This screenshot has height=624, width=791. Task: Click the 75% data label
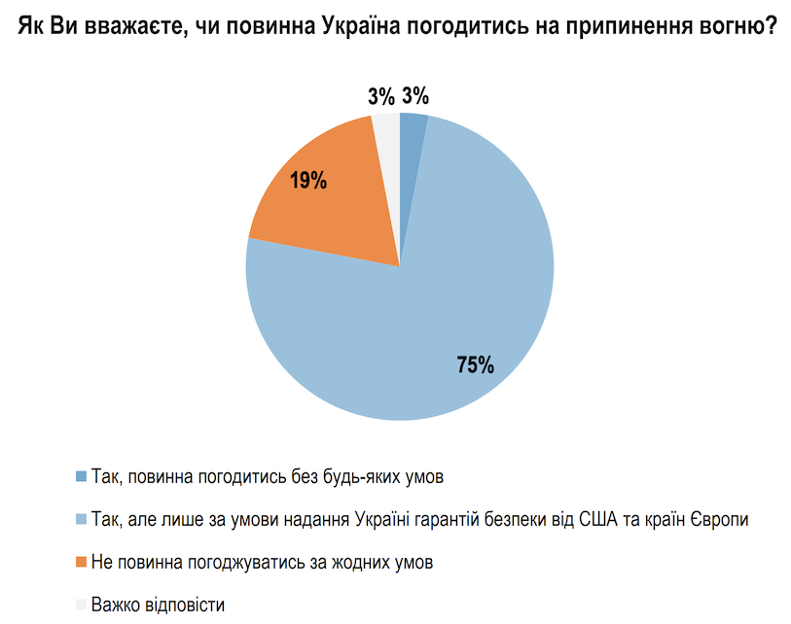476,364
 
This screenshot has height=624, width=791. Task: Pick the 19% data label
307,180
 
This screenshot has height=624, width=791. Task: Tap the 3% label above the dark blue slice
415,95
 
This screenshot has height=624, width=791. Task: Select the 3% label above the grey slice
381,95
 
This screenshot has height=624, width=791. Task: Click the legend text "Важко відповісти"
158,605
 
